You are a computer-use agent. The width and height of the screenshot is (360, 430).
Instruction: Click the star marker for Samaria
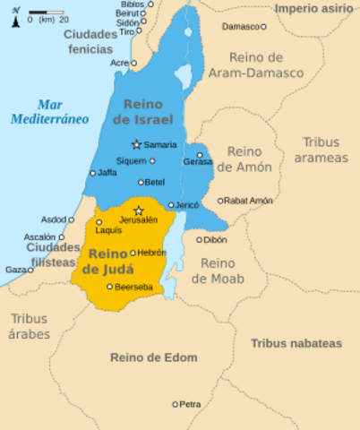click(136, 144)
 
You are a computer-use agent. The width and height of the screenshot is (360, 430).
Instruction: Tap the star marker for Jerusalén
click(138, 211)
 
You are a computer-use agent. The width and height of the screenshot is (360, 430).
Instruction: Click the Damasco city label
click(241, 27)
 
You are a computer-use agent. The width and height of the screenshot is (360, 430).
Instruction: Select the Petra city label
click(190, 404)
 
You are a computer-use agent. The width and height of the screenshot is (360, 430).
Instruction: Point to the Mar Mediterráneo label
click(50, 111)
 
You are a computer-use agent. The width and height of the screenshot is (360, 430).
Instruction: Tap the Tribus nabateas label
click(296, 343)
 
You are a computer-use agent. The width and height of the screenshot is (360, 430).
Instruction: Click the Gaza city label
click(17, 269)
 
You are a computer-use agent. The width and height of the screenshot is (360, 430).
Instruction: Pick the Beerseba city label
click(133, 287)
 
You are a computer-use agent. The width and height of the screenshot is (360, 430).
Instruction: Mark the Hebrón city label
click(152, 253)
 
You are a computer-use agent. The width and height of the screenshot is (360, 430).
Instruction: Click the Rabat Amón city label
click(250, 201)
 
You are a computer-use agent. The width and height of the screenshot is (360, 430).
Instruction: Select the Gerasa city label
click(198, 162)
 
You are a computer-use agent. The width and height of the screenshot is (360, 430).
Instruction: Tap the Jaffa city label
click(107, 172)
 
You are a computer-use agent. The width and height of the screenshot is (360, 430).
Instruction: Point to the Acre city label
click(118, 64)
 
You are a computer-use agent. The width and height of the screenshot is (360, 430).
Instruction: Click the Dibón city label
click(215, 239)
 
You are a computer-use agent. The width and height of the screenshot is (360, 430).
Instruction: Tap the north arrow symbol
click(15, 18)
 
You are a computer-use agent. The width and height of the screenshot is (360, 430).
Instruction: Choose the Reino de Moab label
click(218, 271)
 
